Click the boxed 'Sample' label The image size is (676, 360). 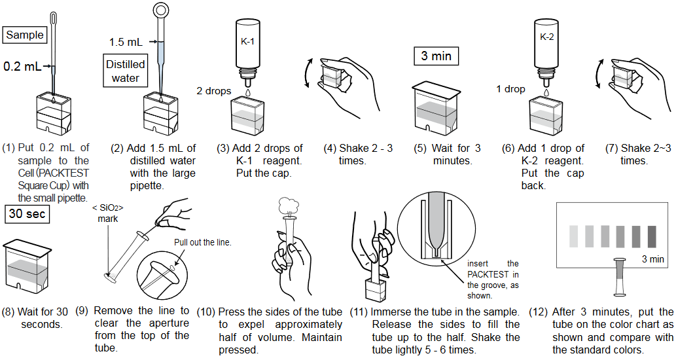tap(25, 35)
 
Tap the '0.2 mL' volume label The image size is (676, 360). tap(22, 66)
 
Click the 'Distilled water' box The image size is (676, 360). tap(126, 71)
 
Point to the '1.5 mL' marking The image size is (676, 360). tap(125, 42)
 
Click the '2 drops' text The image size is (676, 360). tap(213, 91)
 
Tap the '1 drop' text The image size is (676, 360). tap(510, 89)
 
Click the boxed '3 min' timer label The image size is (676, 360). tap(436, 56)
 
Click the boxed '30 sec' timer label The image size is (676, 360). tap(25, 214)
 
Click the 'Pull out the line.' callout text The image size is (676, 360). tap(203, 242)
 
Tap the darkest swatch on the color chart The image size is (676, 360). tap(652, 236)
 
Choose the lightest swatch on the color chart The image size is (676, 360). tap(574, 236)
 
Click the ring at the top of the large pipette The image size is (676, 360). tap(161, 10)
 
